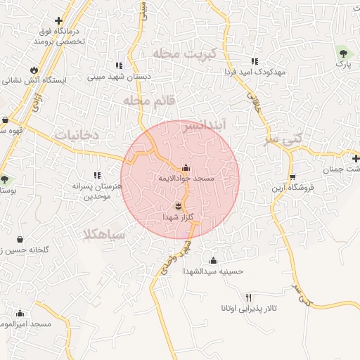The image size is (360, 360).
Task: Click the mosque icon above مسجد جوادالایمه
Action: coord(186,168)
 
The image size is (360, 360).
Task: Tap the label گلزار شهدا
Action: coord(177,217)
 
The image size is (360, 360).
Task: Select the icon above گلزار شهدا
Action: coord(178,205)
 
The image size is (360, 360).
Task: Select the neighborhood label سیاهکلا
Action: coord(104,235)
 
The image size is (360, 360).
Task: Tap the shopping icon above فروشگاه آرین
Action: coord(292,176)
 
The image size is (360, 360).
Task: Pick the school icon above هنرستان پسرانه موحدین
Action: coord(97,175)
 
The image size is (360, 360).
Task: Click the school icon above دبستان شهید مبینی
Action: coord(119,65)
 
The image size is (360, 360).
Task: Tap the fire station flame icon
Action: coord(34,68)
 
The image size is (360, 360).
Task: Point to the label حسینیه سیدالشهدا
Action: coord(213,271)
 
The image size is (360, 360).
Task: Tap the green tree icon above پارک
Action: coord(342,53)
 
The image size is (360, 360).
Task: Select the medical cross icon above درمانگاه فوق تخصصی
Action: coord(58,21)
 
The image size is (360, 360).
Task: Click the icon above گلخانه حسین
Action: coord(20,238)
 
